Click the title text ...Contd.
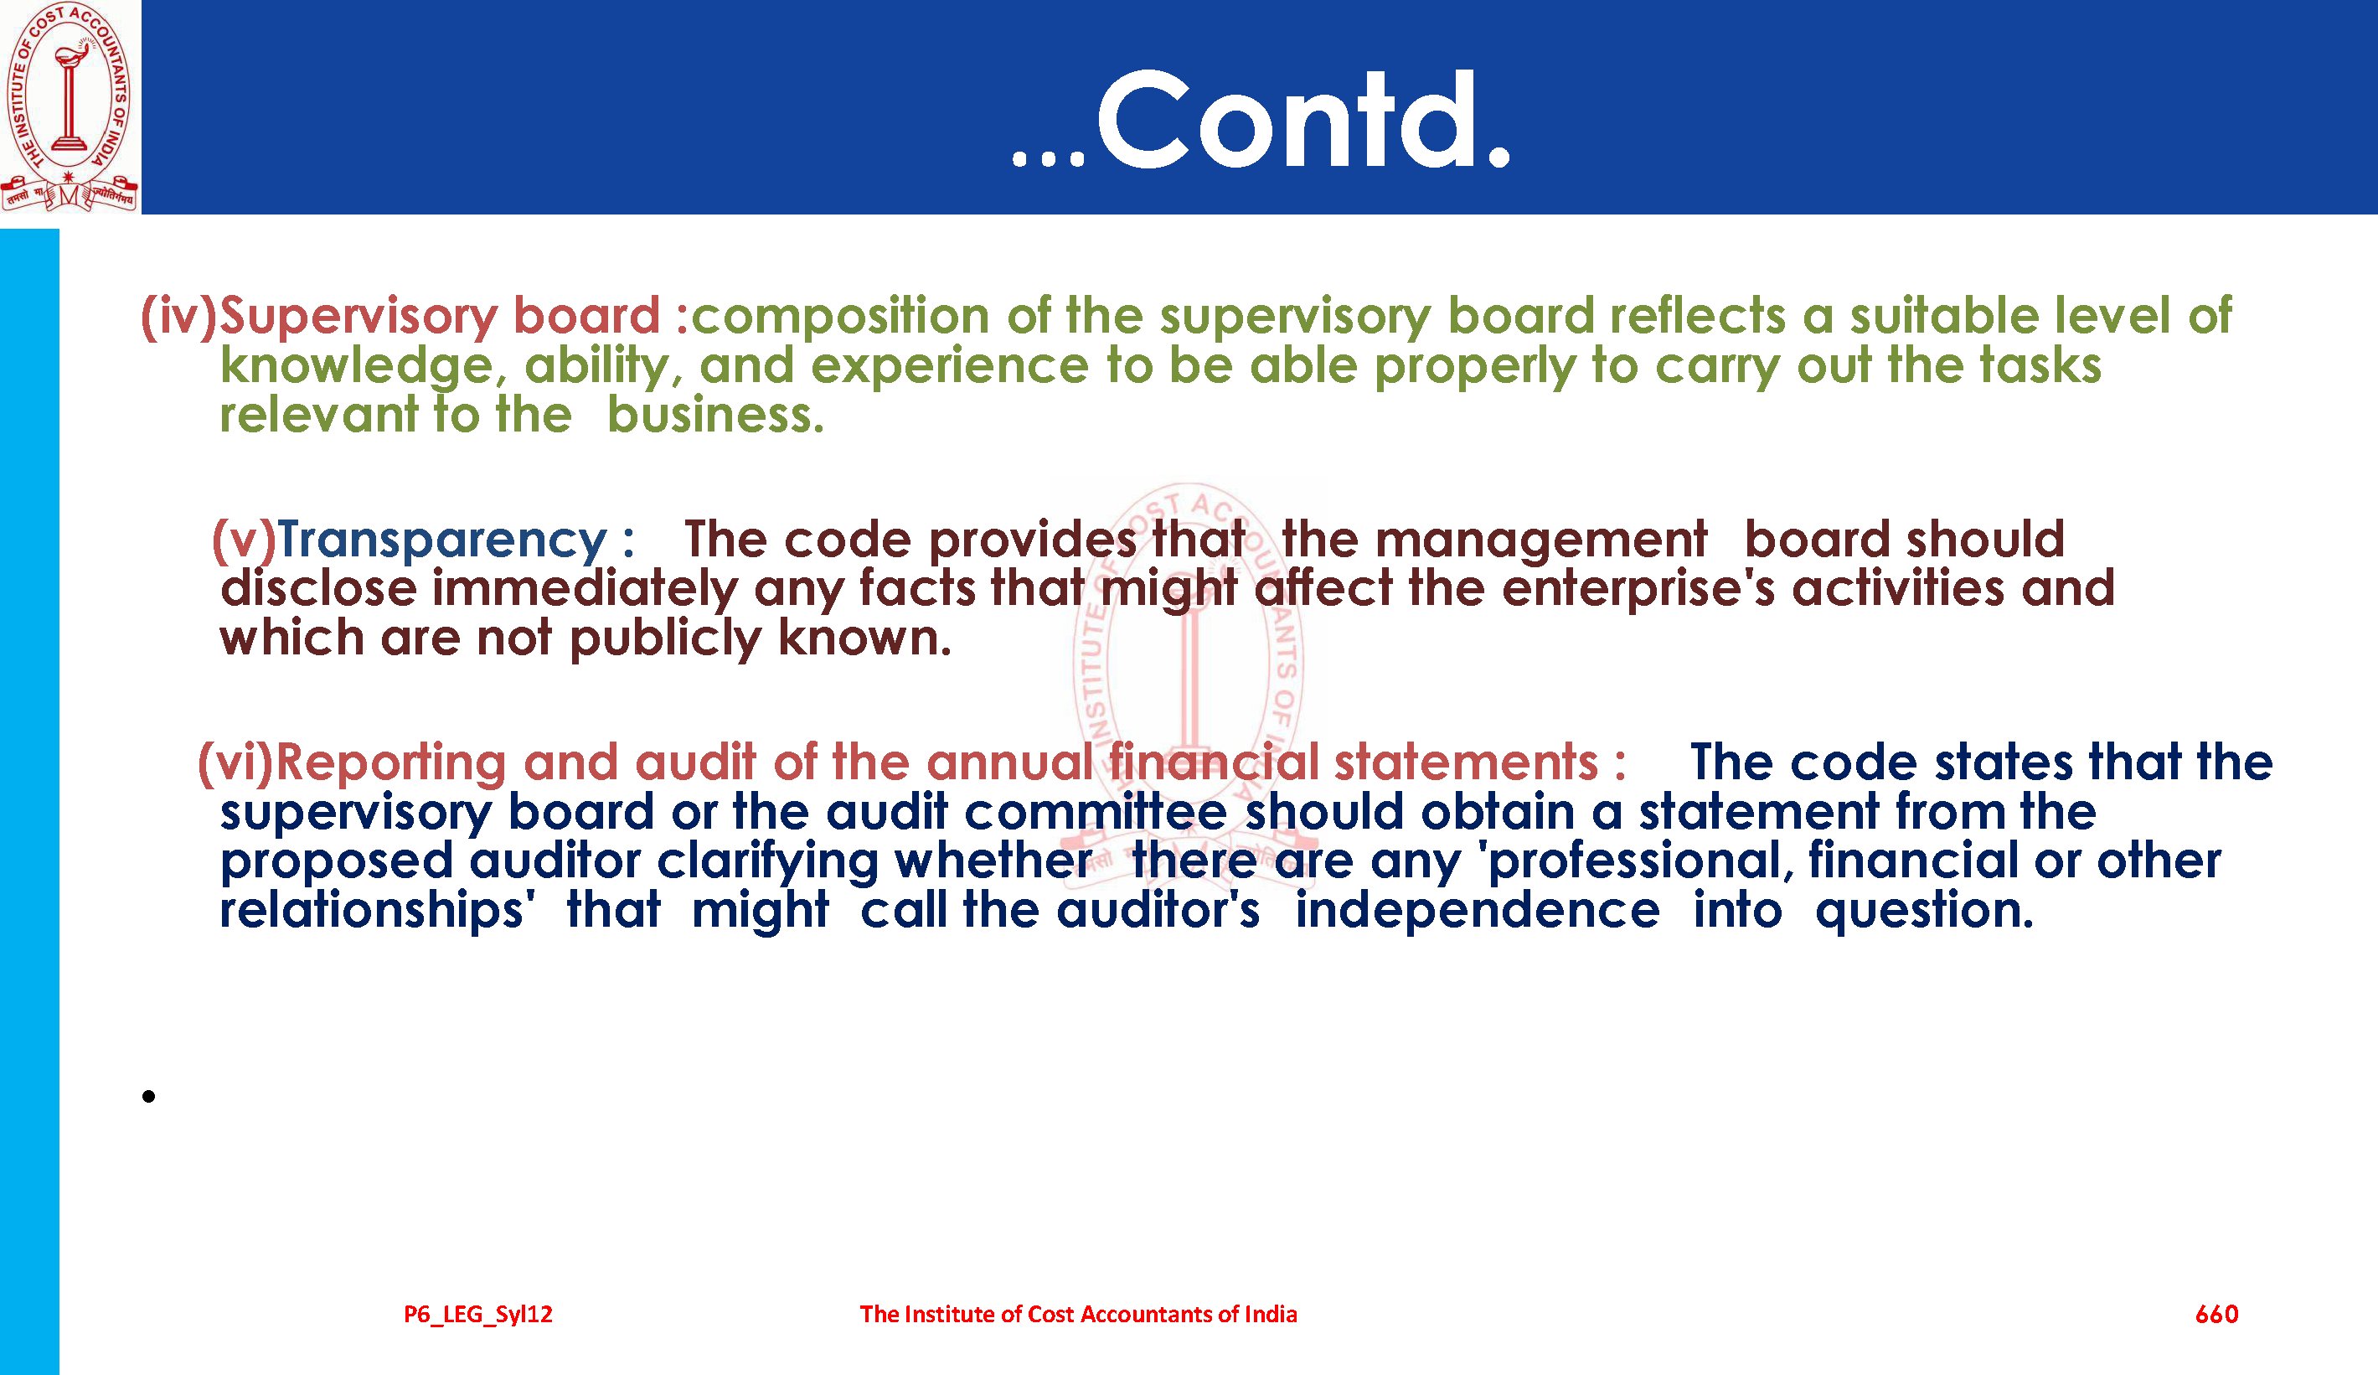[x=1261, y=121]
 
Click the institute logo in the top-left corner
[x=69, y=106]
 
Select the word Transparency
[x=441, y=540]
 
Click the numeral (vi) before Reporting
[x=235, y=762]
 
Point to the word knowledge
[x=358, y=366]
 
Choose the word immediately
[x=585, y=589]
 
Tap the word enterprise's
[x=1638, y=589]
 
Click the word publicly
[x=665, y=638]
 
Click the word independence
[x=1477, y=911]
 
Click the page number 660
[x=2216, y=1314]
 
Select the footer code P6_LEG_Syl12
[x=478, y=1315]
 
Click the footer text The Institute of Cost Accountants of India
[x=1078, y=1314]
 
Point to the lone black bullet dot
[x=148, y=1096]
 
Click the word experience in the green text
[x=949, y=366]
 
